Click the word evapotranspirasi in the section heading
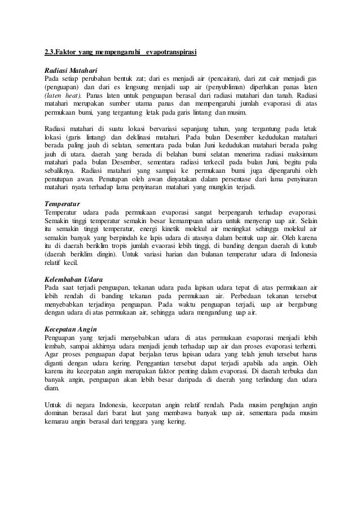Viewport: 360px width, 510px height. tap(171, 53)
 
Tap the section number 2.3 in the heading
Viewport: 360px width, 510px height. tap(51, 53)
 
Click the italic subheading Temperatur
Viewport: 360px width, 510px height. tap(62, 203)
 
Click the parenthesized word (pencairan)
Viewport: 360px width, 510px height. tap(219, 78)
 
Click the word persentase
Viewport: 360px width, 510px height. tap(227, 180)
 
